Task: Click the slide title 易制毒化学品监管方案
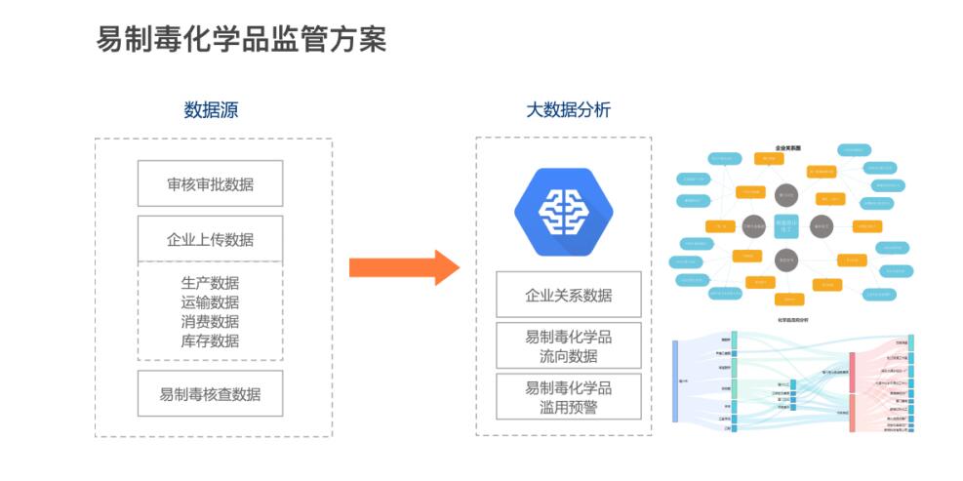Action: click(241, 39)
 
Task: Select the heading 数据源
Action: click(211, 110)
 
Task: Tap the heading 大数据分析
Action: click(568, 110)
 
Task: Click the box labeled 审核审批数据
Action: click(210, 183)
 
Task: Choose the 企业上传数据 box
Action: click(210, 239)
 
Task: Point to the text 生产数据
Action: click(210, 283)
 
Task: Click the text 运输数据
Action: click(210, 302)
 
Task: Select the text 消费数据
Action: click(210, 322)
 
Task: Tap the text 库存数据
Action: click(210, 341)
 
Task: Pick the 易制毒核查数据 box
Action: click(210, 394)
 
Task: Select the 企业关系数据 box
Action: click(568, 295)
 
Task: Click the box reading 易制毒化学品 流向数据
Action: click(568, 345)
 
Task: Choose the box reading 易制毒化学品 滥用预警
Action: click(568, 396)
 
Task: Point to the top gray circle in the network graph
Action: click(786, 195)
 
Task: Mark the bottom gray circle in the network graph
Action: click(786, 260)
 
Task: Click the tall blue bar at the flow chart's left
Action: click(675, 381)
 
